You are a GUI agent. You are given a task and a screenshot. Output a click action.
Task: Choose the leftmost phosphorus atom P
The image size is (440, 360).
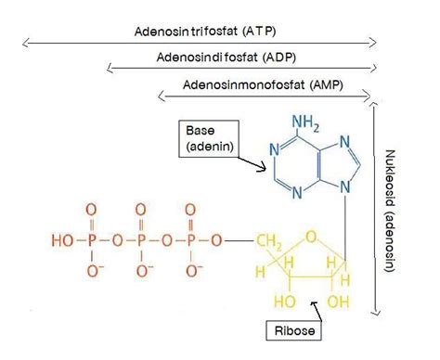pos(92,239)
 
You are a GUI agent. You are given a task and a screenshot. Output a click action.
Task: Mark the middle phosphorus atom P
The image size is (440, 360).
pos(141,239)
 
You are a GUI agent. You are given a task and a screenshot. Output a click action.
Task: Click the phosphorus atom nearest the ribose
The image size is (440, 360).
pos(190,239)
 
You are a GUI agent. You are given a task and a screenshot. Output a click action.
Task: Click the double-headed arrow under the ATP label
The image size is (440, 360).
pos(200,43)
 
